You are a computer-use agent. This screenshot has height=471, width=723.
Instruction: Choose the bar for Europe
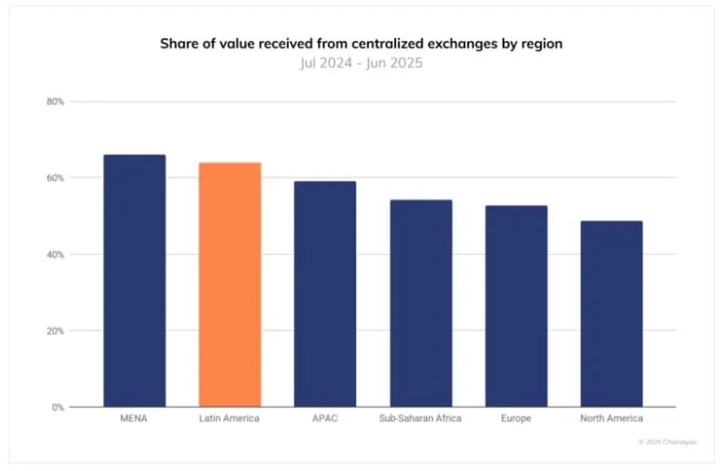[x=516, y=306]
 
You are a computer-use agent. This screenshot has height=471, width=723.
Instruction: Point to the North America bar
[x=611, y=313]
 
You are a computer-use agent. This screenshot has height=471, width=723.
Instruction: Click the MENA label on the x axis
[x=135, y=418]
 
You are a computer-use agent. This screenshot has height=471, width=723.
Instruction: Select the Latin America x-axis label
[x=229, y=418]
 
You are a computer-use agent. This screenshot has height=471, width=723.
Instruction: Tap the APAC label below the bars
[x=325, y=418]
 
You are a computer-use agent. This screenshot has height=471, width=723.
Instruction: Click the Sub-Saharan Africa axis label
[x=420, y=418]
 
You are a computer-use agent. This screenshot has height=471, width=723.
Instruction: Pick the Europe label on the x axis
[x=516, y=418]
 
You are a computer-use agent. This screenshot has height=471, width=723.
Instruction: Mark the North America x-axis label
[x=611, y=418]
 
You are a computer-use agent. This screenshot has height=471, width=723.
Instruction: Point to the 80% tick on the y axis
[x=55, y=102]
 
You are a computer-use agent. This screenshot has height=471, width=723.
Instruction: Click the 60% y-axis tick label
[x=55, y=178]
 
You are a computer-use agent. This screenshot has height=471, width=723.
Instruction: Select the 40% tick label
[x=55, y=254]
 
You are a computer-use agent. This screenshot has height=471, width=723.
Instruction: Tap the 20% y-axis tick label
[x=55, y=331]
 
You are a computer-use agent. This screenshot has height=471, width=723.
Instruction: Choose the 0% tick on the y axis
[x=57, y=407]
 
